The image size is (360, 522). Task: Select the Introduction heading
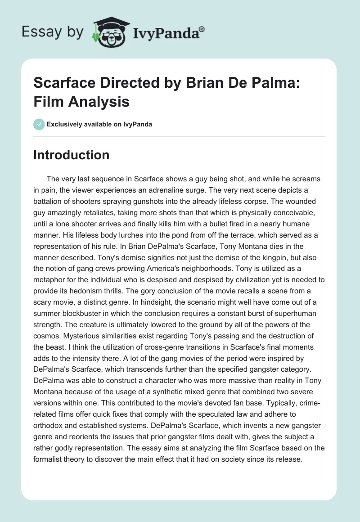[x=72, y=155]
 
